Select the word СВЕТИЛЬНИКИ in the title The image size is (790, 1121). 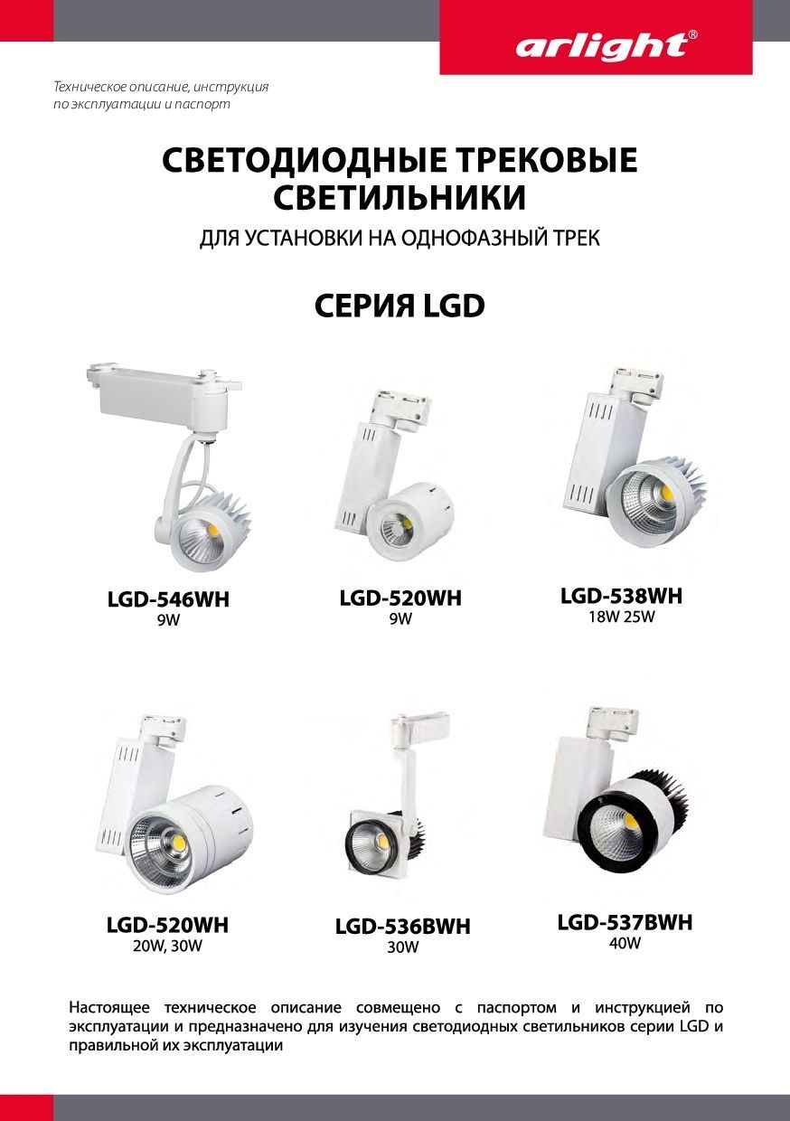[400, 197]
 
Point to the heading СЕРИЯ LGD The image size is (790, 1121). [400, 306]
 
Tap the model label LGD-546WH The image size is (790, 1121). [168, 599]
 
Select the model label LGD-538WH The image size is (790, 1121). [621, 596]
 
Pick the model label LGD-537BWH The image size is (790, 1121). [625, 922]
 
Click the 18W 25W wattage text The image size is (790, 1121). [621, 617]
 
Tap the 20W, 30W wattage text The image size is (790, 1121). [167, 947]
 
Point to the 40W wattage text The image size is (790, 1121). [625, 943]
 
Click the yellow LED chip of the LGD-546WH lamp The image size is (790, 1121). [212, 529]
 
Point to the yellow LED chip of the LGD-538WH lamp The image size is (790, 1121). [666, 493]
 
